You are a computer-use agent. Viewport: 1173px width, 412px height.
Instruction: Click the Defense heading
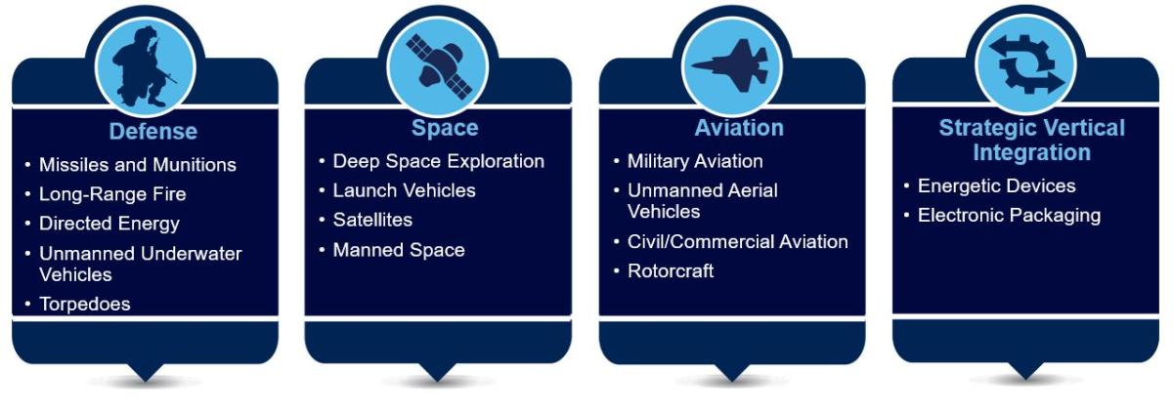pos(152,131)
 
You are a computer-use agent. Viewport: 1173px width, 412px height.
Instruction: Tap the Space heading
pos(445,128)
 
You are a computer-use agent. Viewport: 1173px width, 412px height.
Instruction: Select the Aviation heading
pos(739,128)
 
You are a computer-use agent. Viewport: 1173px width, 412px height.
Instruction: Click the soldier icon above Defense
pos(145,66)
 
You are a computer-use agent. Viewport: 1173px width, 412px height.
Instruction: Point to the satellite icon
pos(439,66)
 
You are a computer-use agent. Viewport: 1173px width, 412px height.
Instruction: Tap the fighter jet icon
pos(731,66)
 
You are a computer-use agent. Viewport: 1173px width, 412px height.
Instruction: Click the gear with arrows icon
pos(1026,64)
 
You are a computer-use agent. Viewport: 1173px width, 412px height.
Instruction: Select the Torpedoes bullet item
pos(84,304)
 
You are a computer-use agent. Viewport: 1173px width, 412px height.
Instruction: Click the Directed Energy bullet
pos(109,224)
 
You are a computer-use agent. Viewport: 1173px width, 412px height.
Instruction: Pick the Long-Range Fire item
pos(112,194)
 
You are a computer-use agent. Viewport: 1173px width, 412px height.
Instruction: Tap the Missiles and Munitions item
pos(138,165)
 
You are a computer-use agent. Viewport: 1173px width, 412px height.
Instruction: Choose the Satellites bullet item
pos(372,220)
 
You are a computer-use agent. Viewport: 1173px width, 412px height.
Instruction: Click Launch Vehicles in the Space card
pos(405,190)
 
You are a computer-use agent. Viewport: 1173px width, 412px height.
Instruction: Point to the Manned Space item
pos(399,250)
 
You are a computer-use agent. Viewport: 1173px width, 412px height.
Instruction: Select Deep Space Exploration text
pos(439,161)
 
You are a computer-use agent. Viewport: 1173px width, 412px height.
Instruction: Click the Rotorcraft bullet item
pos(671,270)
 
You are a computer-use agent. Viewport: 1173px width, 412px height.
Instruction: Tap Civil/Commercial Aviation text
pos(738,241)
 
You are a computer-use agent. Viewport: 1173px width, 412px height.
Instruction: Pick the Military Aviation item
pos(695,161)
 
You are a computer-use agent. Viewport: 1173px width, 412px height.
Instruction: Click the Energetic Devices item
pos(996,186)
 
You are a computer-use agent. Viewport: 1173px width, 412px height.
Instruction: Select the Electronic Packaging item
pos(1009,216)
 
